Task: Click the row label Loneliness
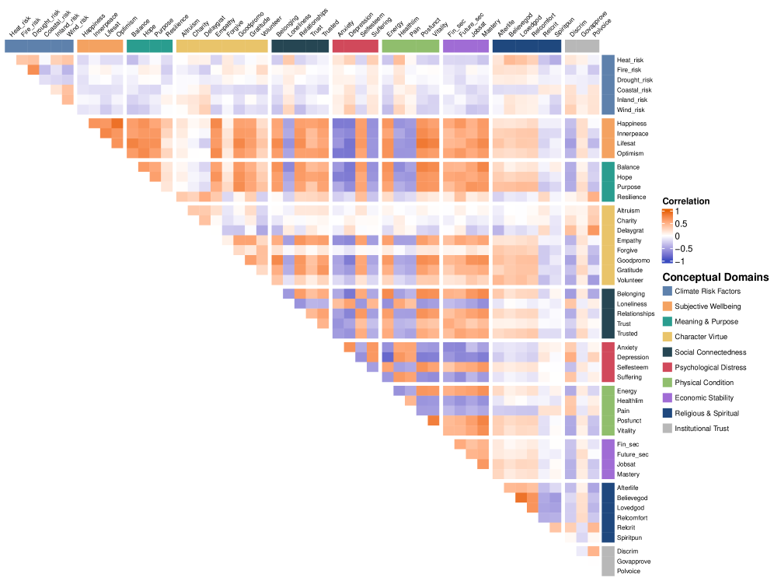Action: [x=632, y=304]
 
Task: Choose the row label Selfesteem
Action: [x=632, y=367]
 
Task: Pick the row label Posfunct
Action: [x=630, y=421]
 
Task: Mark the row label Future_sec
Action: [x=633, y=454]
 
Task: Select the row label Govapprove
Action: [x=633, y=561]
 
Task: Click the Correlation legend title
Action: [x=687, y=201]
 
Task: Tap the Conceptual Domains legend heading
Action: [x=715, y=277]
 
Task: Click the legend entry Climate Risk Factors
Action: [x=706, y=291]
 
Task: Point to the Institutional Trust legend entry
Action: [x=702, y=429]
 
